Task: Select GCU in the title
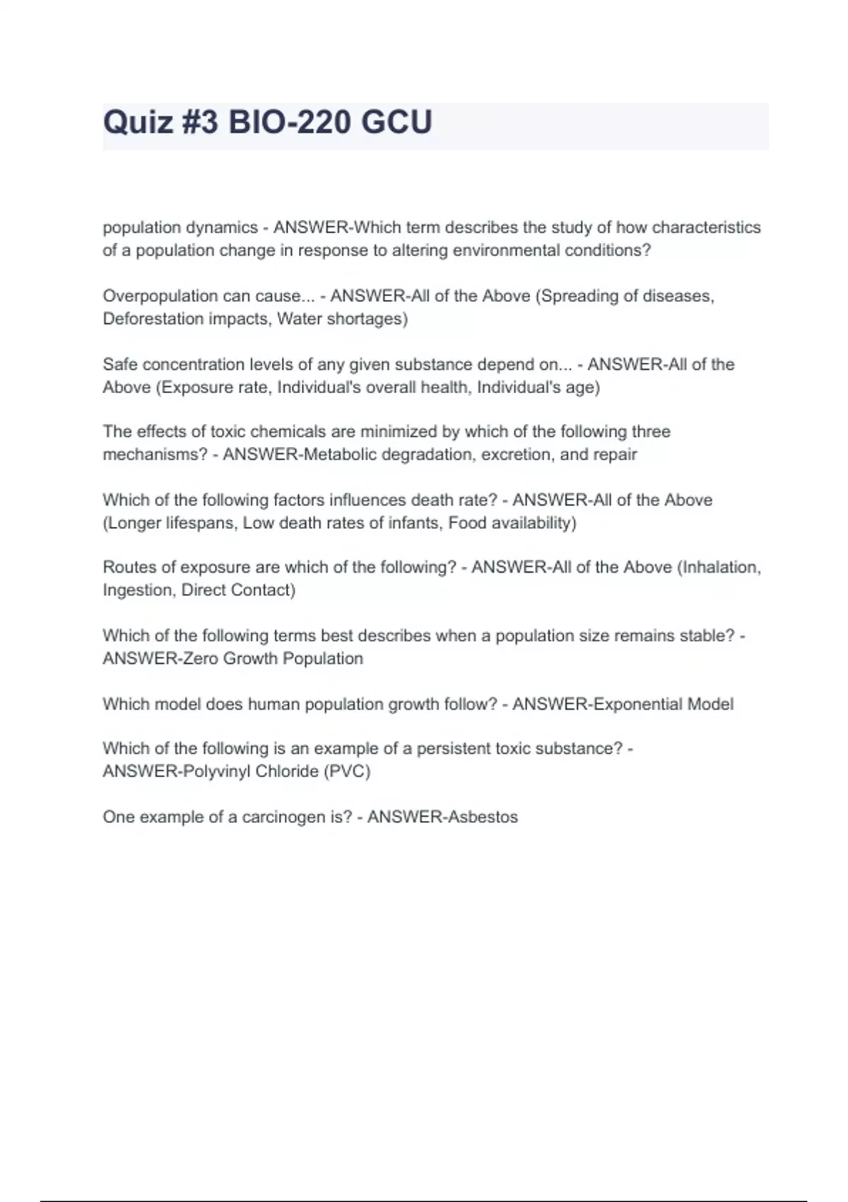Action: pos(396,122)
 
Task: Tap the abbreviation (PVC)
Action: pos(347,771)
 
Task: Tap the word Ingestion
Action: pos(138,590)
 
